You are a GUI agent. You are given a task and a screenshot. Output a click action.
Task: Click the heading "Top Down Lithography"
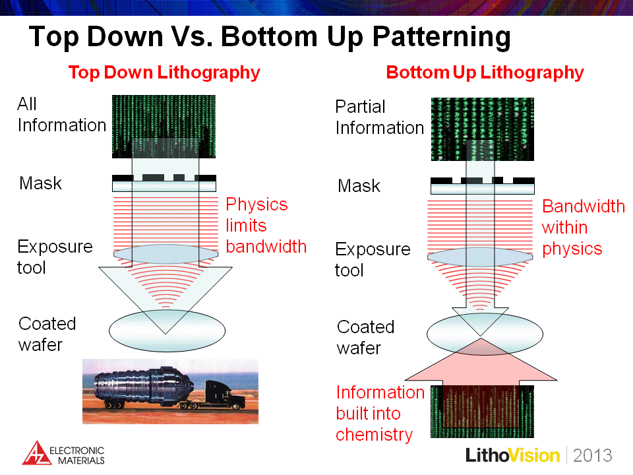coord(164,73)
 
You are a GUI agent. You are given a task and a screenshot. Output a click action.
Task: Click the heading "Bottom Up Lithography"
coord(485,73)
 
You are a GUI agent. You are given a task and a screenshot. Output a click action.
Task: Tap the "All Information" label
coord(61,115)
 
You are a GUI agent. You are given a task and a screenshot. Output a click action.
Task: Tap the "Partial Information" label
coord(380,117)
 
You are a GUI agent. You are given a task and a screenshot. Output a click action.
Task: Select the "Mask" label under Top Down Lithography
coord(40,183)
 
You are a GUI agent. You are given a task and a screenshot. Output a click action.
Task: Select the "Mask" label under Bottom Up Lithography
coord(359,186)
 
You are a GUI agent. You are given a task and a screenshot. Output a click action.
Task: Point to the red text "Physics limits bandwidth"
coord(266,226)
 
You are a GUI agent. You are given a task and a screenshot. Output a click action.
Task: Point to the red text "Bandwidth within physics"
coord(584,228)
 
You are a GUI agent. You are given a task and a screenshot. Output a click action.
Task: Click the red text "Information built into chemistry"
coord(380,414)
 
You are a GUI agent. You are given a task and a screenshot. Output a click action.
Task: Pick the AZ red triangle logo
coord(36,453)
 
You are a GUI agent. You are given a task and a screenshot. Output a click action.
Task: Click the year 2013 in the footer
coord(592,455)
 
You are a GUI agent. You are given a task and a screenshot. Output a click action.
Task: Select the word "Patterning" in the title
coord(441,37)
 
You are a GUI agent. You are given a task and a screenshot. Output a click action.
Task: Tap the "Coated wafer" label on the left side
coord(47,334)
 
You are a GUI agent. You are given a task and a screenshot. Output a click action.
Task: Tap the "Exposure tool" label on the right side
coord(372,260)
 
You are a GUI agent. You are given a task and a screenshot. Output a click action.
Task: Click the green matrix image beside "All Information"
coord(164,127)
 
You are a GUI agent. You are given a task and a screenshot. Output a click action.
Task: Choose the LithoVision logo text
coord(512,455)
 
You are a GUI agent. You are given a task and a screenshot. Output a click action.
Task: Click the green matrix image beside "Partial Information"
coord(483,129)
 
